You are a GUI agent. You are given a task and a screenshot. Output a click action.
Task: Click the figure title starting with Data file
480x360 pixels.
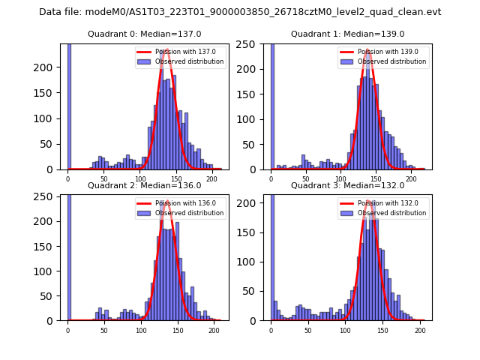pos(240,12)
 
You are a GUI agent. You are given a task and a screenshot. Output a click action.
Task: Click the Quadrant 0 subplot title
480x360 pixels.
pos(145,34)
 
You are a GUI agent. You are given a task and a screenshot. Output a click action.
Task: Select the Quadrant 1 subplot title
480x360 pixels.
pos(348,34)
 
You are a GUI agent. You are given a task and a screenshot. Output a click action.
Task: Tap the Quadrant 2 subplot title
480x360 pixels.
pos(145,185)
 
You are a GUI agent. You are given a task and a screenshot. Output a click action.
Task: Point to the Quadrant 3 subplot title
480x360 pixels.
pos(348,185)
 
